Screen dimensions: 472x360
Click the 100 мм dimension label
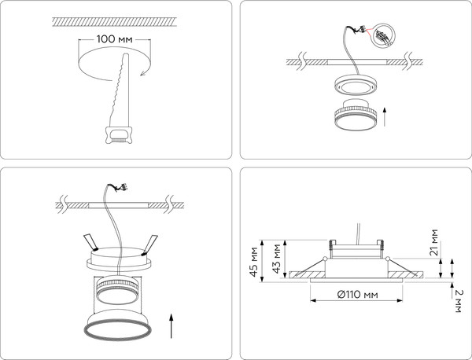tap(114, 39)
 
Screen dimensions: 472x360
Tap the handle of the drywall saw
tap(119, 135)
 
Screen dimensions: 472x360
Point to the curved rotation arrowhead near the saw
tap(144, 72)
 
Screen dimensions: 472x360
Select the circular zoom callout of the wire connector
tap(382, 35)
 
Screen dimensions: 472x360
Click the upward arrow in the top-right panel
tap(385, 117)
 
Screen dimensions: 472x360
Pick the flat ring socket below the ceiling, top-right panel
tap(356, 86)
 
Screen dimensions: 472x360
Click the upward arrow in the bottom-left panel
tap(171, 325)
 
